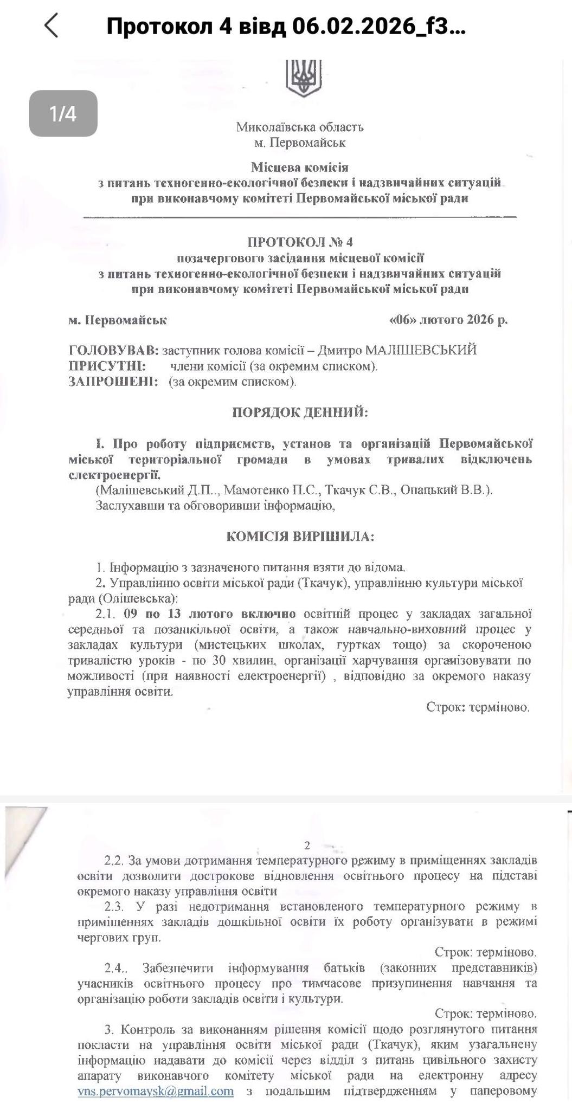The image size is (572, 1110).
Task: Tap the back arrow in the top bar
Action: coord(51,25)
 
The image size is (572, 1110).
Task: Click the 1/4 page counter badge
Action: coord(63,113)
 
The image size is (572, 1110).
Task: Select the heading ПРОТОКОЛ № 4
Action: coord(300,242)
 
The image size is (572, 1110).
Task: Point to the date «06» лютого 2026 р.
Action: coord(448,320)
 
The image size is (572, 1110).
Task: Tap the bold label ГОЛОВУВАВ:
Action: coord(113,350)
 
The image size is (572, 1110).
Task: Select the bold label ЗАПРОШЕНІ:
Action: coord(113,382)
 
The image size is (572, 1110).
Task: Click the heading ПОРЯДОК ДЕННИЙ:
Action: coord(300,412)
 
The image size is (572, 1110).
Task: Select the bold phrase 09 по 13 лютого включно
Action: coord(209,614)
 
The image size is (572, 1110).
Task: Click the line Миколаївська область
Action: coord(300,127)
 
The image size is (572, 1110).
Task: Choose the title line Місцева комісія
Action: coord(300,167)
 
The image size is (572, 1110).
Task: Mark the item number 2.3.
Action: coord(115,906)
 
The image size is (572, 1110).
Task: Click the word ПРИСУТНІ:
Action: coord(107,366)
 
